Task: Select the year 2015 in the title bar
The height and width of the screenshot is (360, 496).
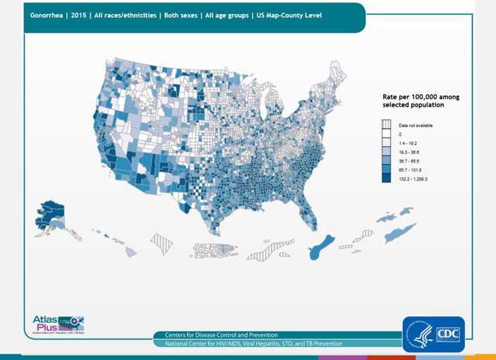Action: click(80, 15)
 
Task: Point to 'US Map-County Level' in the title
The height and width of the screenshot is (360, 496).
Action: click(289, 15)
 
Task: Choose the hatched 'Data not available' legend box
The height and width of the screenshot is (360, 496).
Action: click(386, 125)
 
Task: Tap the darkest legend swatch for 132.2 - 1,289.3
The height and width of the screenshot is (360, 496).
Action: click(386, 179)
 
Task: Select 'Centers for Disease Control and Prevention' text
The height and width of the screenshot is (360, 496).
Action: click(221, 335)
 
